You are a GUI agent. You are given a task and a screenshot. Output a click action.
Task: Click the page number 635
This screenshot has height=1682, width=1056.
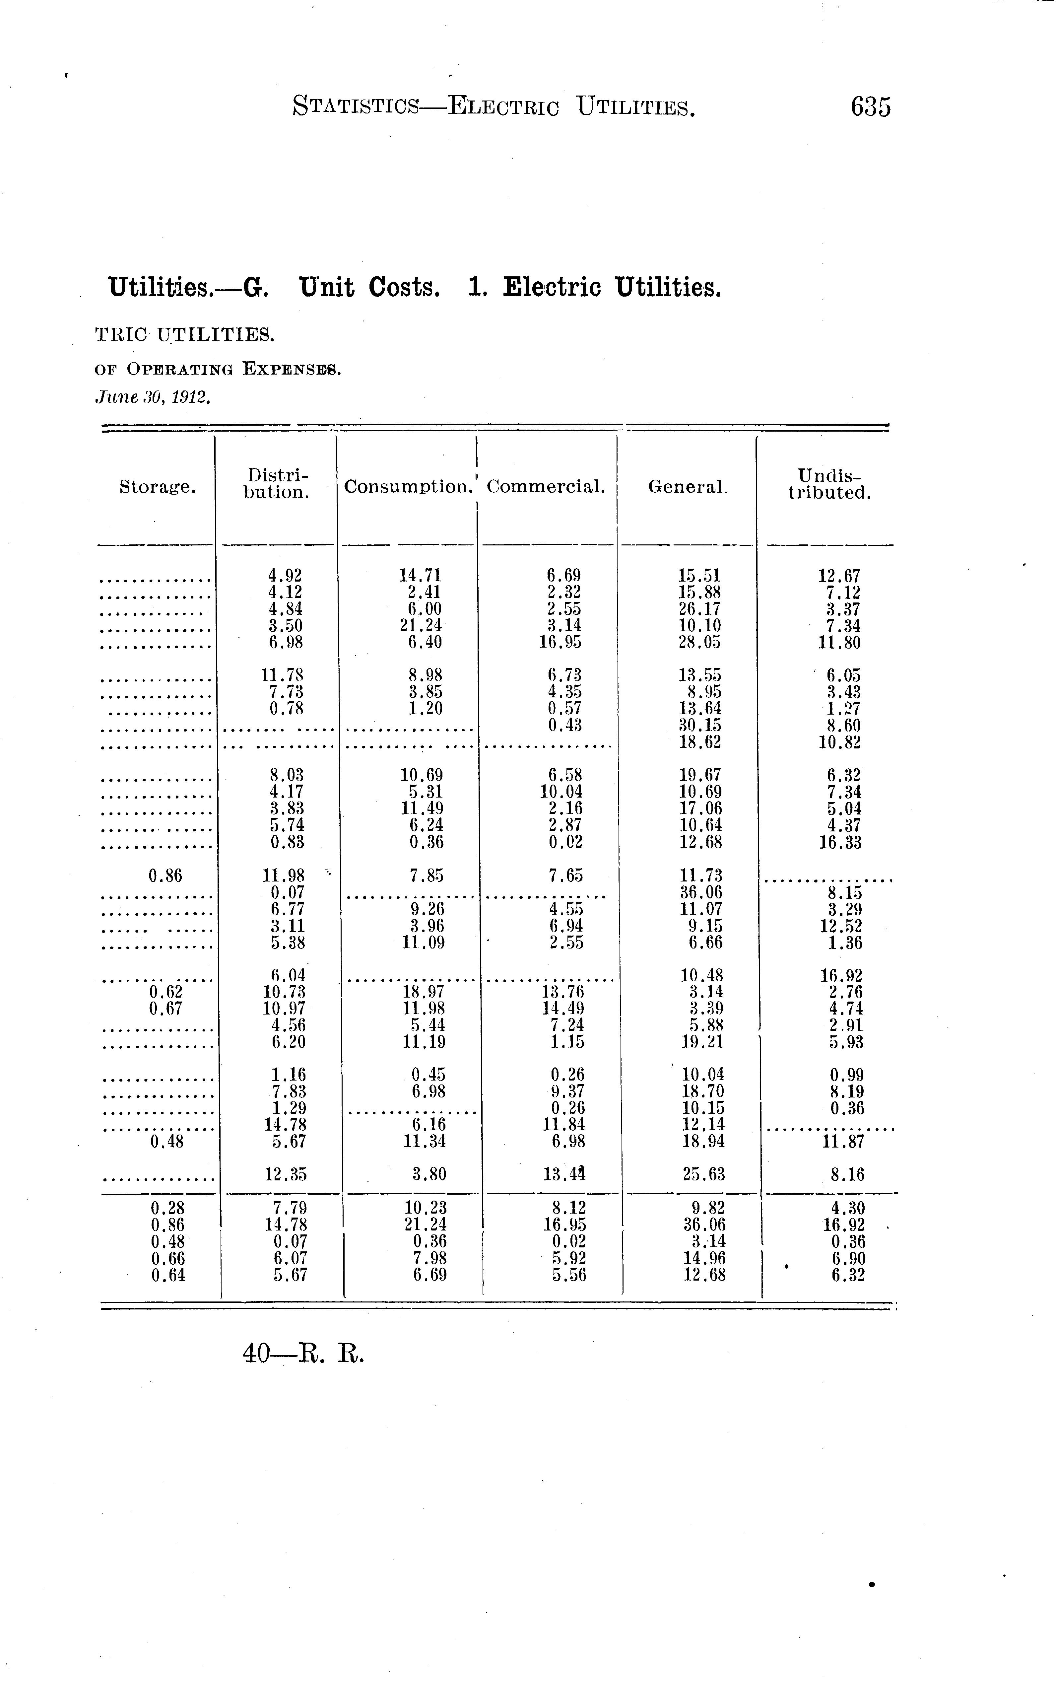870,107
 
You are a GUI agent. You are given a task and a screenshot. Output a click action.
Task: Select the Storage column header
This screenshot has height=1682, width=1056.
157,487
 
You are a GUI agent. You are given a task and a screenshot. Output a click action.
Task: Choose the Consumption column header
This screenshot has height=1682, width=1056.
408,487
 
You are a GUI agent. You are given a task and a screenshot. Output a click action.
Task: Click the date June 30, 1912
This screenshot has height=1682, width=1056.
152,397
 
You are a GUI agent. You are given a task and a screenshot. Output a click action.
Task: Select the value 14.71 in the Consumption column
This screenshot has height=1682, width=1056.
421,576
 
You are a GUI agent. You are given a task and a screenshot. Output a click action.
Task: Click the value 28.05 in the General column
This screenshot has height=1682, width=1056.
700,642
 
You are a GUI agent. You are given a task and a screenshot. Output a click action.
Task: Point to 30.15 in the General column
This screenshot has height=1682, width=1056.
700,725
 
